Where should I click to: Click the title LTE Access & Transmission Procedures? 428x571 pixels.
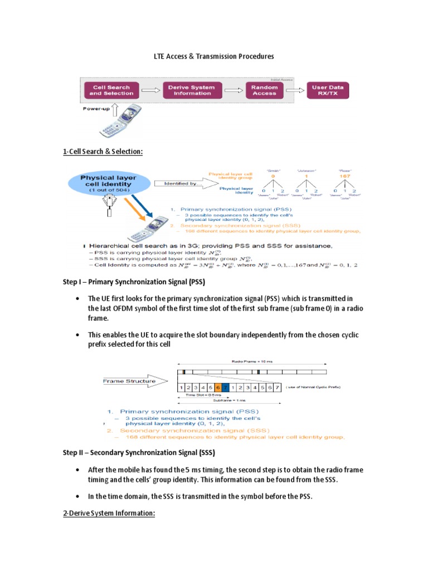tap(214, 57)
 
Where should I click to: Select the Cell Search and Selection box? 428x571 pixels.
tap(111, 90)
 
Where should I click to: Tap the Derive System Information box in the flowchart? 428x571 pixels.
tap(192, 90)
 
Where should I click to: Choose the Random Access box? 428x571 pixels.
tap(264, 90)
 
